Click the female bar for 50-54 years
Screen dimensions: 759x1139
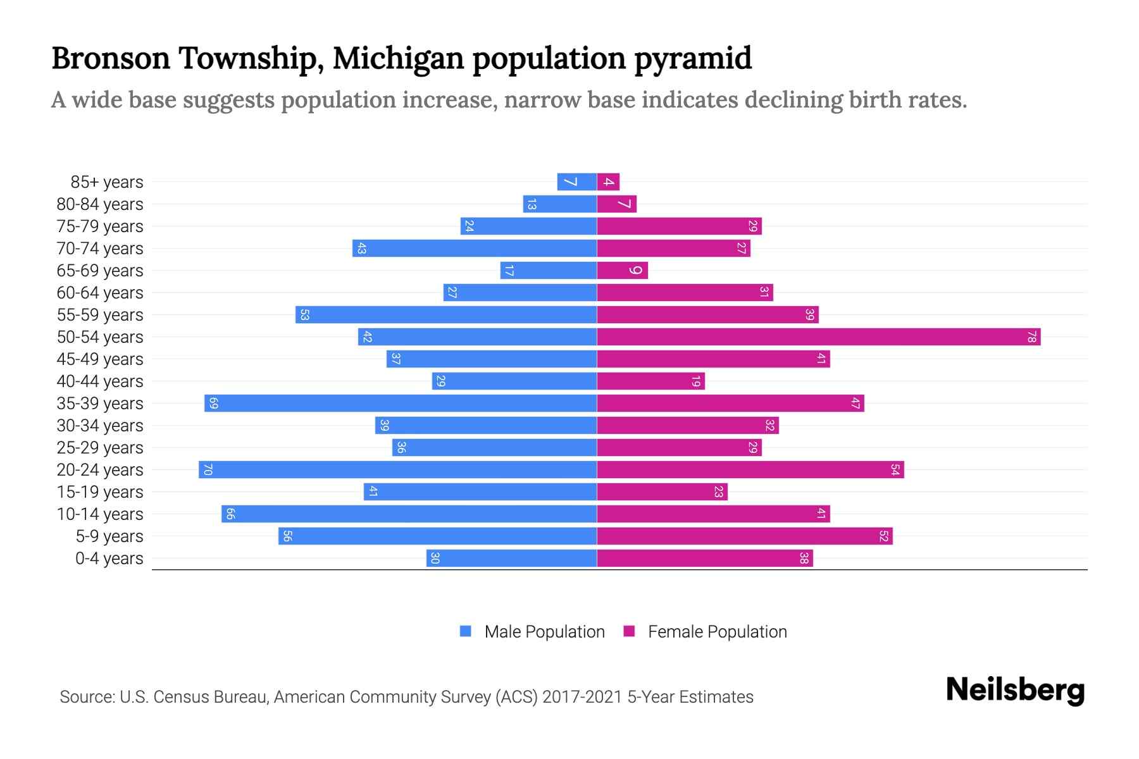[818, 337]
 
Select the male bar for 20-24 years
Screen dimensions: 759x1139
[397, 470]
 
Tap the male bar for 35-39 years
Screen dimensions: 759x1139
[400, 404]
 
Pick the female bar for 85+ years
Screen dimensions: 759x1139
[608, 182]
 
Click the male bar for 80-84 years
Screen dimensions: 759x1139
[559, 204]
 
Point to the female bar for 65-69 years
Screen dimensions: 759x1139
[622, 271]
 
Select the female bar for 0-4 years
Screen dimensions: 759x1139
[704, 558]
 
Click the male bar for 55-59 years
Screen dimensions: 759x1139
[445, 315]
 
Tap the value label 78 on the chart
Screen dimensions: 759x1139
[1031, 337]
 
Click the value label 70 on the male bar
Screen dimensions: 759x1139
[208, 470]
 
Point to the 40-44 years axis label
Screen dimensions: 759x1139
[100, 381]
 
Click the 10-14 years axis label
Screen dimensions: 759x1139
[100, 514]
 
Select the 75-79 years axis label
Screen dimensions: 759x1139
[100, 226]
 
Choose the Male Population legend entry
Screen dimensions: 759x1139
[544, 632]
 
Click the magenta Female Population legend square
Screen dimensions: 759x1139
[629, 631]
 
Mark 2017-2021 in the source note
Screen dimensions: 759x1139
[582, 697]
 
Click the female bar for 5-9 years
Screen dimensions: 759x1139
[744, 536]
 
